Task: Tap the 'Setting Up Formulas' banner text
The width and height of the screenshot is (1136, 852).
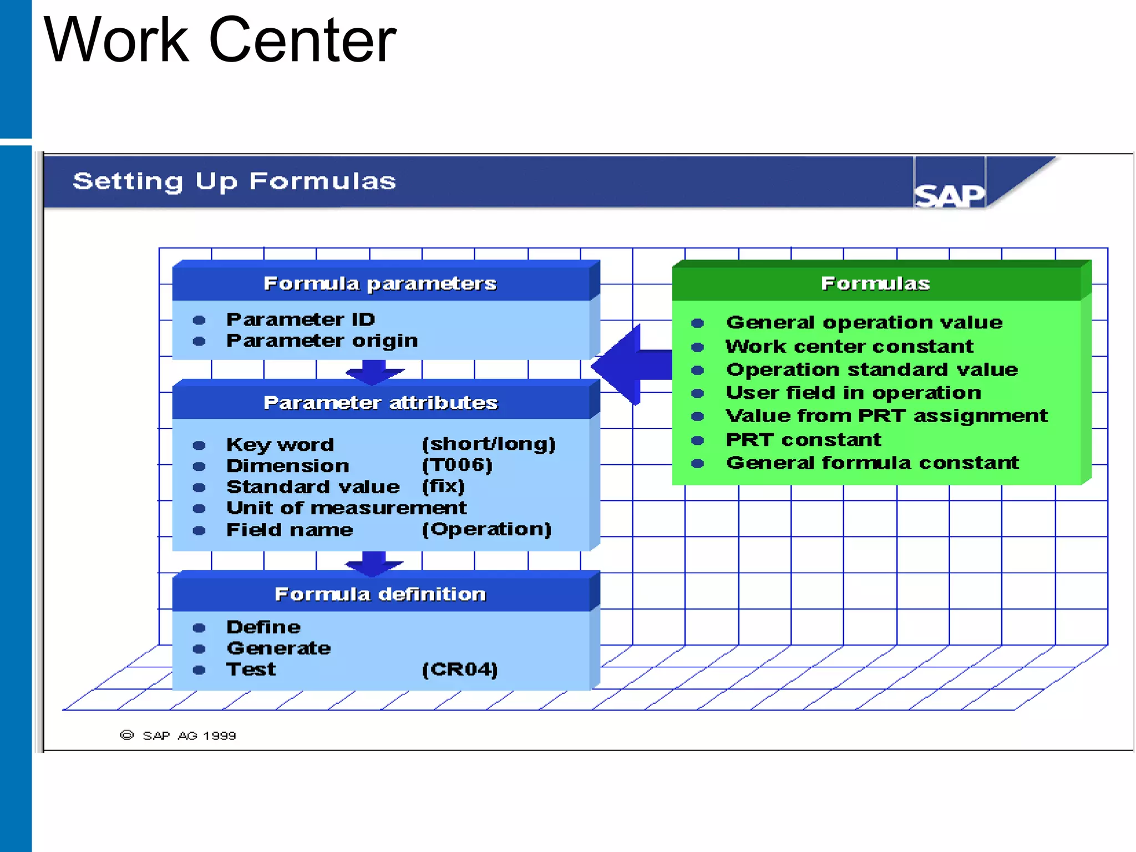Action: tap(234, 181)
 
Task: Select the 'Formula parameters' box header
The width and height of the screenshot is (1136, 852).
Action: tap(380, 283)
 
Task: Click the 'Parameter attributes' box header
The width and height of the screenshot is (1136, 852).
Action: tap(381, 403)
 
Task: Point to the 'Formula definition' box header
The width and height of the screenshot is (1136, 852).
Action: tap(381, 594)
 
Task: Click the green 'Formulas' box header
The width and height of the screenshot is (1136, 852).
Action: tap(875, 283)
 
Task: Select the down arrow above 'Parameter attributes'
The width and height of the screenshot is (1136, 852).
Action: tap(374, 372)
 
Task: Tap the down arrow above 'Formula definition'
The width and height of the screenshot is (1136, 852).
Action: tap(374, 563)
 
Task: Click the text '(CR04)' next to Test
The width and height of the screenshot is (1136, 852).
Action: tap(460, 669)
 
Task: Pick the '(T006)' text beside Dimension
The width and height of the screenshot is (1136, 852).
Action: tap(457, 465)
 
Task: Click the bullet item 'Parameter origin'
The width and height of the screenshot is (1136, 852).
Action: tap(322, 341)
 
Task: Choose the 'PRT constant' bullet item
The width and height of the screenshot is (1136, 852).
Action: tap(803, 440)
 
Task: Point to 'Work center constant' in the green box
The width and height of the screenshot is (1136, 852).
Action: tap(849, 347)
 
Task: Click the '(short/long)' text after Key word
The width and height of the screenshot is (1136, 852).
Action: tap(489, 444)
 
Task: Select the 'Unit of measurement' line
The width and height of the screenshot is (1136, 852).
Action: tap(347, 508)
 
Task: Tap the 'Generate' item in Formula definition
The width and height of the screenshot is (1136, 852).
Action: tap(278, 648)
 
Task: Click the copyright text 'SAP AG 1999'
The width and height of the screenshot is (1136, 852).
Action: tap(189, 736)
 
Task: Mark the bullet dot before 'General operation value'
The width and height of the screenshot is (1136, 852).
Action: tap(698, 323)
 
